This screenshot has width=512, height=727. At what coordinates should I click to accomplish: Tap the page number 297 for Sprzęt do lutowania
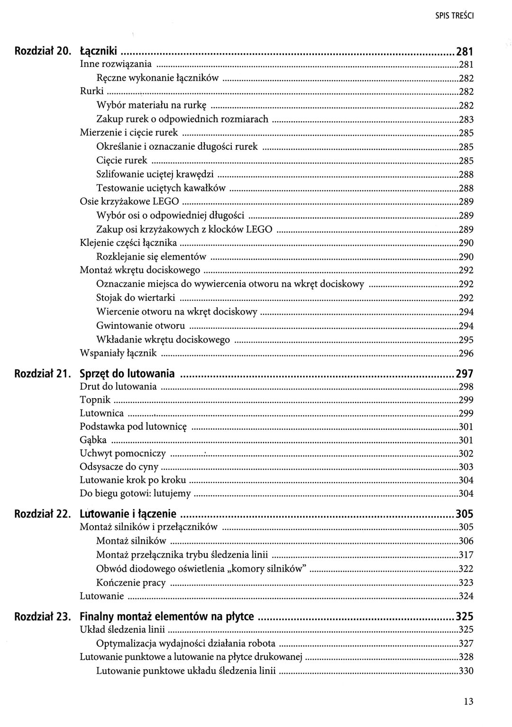[464, 374]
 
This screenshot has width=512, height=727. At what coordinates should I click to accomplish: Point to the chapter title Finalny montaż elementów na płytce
[167, 617]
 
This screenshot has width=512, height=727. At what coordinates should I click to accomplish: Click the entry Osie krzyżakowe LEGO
[129, 202]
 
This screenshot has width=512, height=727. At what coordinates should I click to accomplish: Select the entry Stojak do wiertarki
[136, 298]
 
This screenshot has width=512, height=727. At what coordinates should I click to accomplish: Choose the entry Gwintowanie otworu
[140, 326]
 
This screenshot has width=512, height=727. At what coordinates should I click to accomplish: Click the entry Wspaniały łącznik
[118, 353]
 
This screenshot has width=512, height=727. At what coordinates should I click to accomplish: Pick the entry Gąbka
[93, 440]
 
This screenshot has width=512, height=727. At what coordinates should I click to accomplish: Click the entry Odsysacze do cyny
[119, 467]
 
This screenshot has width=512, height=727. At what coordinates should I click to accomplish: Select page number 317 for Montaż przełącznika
[466, 555]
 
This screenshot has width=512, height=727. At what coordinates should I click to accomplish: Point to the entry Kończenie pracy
[131, 582]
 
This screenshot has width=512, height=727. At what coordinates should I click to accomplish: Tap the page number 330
[466, 671]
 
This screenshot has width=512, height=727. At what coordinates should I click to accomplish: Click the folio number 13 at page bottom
[468, 702]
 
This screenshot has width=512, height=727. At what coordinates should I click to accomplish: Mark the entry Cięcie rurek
[122, 160]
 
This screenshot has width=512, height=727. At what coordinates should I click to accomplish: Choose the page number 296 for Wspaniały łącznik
[466, 354]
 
